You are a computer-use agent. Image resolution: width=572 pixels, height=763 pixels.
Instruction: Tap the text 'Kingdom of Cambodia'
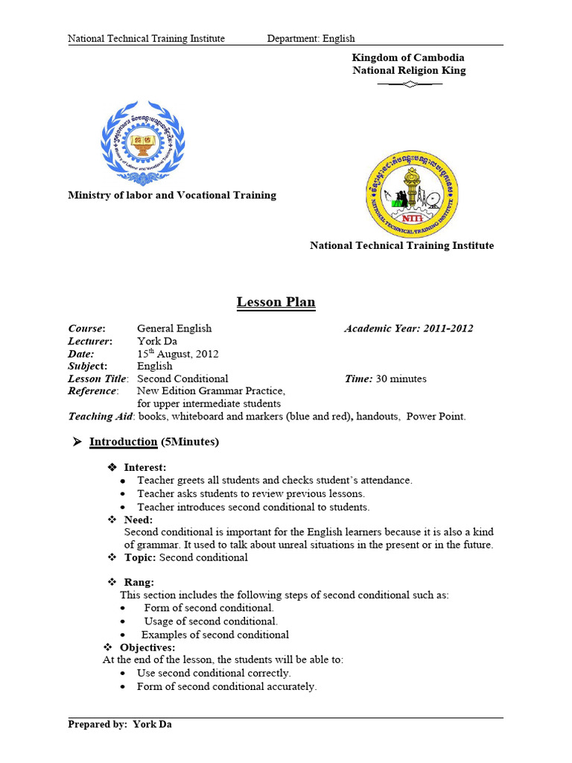[408, 57]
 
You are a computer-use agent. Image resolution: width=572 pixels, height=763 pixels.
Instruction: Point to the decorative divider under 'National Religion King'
[410, 84]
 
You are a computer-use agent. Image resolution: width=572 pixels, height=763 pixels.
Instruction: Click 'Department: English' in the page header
[311, 39]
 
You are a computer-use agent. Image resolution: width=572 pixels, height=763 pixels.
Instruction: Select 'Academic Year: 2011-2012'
[408, 329]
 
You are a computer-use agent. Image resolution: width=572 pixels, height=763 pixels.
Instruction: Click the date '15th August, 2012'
[177, 354]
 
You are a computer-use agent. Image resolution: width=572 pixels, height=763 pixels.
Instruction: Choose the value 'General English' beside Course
[174, 329]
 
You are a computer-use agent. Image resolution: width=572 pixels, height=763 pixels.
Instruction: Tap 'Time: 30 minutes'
[385, 379]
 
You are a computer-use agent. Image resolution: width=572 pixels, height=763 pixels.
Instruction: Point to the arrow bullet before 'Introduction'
[76, 442]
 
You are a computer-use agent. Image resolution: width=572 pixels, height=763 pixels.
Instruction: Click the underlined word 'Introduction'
[123, 442]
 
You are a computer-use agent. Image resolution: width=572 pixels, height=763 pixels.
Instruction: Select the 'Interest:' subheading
[144, 467]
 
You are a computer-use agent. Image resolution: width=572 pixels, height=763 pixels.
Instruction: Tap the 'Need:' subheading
[138, 519]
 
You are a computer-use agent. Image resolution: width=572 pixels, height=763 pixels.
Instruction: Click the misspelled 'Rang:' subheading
[139, 582]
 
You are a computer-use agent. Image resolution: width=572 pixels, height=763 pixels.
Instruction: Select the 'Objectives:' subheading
[147, 647]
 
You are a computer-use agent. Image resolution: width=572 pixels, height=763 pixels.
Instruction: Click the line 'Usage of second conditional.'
[211, 621]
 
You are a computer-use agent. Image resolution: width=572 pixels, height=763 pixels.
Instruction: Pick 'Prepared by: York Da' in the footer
[120, 724]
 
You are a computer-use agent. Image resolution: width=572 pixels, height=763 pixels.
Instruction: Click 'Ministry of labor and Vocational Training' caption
[172, 195]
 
